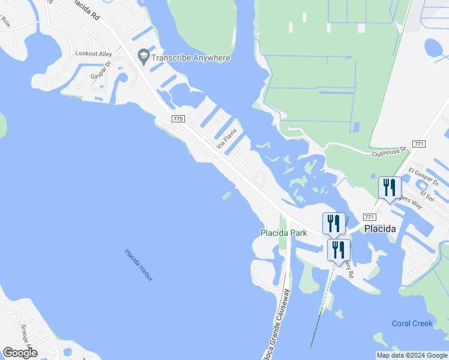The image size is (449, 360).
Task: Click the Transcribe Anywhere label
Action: click(191, 58)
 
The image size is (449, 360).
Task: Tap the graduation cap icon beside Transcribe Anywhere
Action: click(143, 57)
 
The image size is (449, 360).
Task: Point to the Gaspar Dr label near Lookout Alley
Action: click(101, 71)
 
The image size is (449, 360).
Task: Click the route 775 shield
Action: click(178, 119)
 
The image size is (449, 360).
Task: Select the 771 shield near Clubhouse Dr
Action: click(420, 144)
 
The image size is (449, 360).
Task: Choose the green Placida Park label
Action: click(283, 233)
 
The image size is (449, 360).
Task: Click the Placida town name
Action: click(380, 229)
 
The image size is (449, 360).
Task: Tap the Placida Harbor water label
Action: click(139, 265)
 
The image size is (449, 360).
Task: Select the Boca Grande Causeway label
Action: click(277, 324)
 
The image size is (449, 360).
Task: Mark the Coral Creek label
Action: click(412, 323)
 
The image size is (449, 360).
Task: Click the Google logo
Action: click(20, 353)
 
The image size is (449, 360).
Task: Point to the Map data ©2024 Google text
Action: click(412, 355)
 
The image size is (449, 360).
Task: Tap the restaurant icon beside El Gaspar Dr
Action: click(390, 187)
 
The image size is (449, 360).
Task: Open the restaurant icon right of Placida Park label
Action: click(334, 223)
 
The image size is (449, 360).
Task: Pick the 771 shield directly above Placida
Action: click(370, 217)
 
